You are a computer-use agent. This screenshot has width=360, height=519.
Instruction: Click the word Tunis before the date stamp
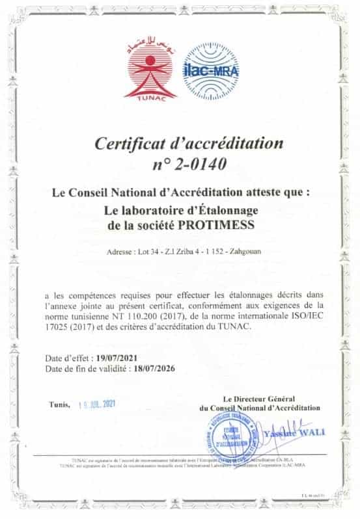tap(59, 404)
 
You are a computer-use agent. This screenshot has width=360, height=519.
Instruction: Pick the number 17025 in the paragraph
tap(61, 327)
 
